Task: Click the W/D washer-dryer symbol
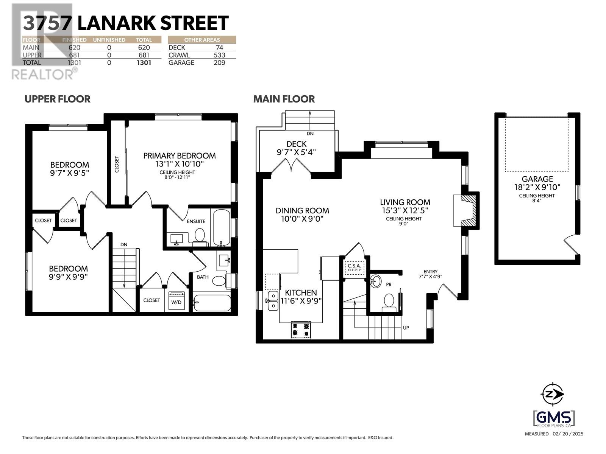pyautogui.click(x=176, y=301)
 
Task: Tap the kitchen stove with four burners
pyautogui.click(x=301, y=330)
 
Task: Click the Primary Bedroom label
pyautogui.click(x=180, y=155)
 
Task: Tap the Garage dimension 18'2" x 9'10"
pyautogui.click(x=537, y=187)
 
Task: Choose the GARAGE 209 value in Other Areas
pyautogui.click(x=219, y=63)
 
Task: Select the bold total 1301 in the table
pyautogui.click(x=144, y=63)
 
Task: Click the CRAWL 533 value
pyautogui.click(x=219, y=55)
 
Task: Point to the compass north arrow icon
pyautogui.click(x=553, y=394)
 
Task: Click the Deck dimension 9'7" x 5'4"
pyautogui.click(x=296, y=152)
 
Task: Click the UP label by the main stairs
pyautogui.click(x=406, y=328)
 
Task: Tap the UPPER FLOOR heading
pyautogui.click(x=58, y=99)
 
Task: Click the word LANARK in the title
pyautogui.click(x=116, y=23)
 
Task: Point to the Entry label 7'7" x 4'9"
pyautogui.click(x=431, y=274)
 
